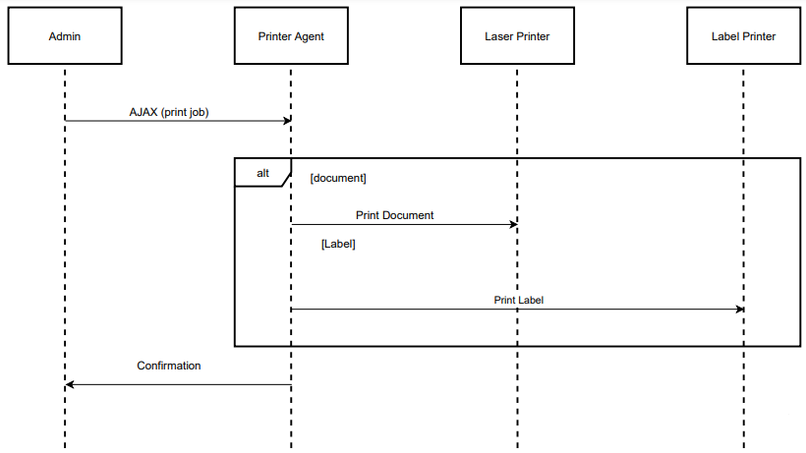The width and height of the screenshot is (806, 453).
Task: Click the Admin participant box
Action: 65,36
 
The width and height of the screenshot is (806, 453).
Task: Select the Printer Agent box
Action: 291,36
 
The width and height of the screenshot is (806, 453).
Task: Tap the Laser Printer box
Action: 517,36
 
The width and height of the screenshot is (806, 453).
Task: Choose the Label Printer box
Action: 743,36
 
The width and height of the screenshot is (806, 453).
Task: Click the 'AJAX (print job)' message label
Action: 169,112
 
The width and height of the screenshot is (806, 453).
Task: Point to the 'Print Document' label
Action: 394,215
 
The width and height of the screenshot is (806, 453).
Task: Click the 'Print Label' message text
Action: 518,300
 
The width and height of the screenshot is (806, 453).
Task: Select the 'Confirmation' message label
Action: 168,366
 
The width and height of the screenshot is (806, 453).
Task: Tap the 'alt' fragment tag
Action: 262,172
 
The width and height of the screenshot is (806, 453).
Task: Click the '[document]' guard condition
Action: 337,178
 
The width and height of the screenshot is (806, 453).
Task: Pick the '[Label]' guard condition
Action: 338,244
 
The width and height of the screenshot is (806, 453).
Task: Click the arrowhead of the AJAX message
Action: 286,121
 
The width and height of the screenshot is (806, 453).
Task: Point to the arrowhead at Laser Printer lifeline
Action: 512,225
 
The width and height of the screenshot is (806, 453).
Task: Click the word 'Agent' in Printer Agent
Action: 308,36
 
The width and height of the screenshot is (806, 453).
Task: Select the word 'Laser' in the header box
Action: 498,36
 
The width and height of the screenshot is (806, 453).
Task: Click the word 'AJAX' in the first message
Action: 144,112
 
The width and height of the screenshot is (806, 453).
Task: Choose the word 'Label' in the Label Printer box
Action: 725,36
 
